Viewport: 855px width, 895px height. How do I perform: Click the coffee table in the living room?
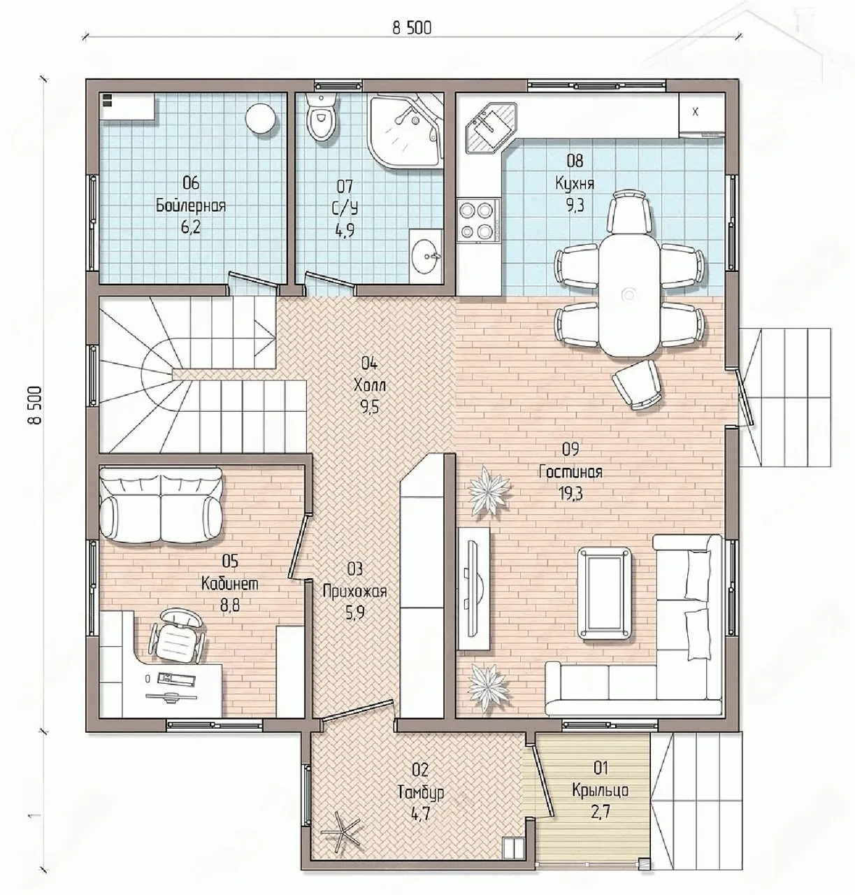[604, 594]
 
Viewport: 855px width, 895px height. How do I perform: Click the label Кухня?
[575, 183]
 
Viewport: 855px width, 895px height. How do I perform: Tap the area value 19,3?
[570, 494]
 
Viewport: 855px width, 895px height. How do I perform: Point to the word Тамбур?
[421, 792]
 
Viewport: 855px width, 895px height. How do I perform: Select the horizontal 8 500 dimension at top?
[412, 29]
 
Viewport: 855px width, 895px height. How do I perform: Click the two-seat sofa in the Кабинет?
[161, 504]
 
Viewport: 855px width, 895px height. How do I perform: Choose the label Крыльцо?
[601, 791]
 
